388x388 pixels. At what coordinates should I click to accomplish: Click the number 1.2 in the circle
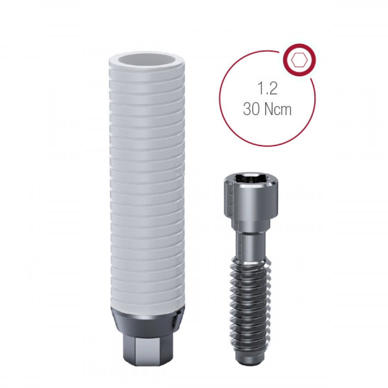click(267, 88)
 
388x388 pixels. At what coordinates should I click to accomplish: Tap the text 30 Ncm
click(267, 109)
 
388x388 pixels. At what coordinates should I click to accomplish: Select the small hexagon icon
click(300, 60)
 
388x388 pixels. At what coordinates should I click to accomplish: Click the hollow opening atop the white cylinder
click(147, 60)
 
